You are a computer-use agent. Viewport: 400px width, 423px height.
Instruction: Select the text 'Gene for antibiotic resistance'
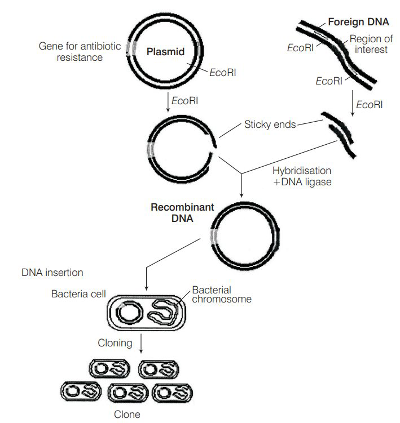(x=80, y=52)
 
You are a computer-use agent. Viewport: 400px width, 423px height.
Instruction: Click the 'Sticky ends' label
(x=270, y=124)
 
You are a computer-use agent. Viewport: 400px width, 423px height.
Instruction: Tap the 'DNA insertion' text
(x=52, y=273)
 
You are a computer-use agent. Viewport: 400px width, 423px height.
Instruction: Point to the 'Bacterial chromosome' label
(x=221, y=295)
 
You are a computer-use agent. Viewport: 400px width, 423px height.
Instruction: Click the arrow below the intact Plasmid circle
(x=168, y=101)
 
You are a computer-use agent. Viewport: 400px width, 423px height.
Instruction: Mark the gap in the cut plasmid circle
(x=214, y=151)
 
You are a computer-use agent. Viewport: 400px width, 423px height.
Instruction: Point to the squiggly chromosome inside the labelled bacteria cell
(x=164, y=313)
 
